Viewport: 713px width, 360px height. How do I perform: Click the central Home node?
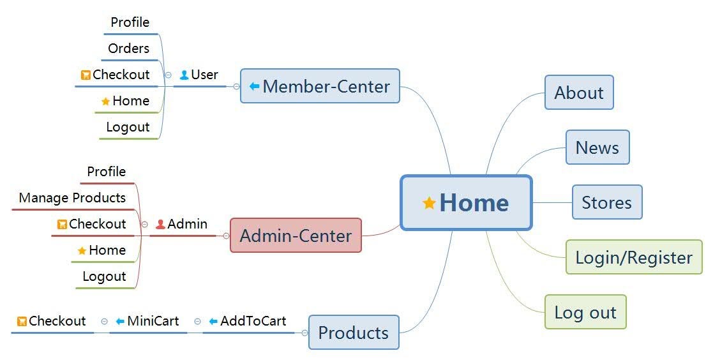pos(466,203)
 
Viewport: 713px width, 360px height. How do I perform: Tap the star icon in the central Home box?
pos(429,203)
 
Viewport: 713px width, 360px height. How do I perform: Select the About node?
pos(578,93)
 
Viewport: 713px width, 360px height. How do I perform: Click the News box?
pos(597,147)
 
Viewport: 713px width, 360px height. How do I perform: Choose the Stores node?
pos(606,202)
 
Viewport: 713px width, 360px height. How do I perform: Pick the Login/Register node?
pos(633,257)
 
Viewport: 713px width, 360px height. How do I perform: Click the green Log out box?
pos(585,312)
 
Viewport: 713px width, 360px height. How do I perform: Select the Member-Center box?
pos(320,86)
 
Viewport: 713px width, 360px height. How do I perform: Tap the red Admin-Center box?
pos(296,236)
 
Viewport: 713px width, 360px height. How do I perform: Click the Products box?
pos(353,332)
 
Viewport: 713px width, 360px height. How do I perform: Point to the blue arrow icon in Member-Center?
pos(254,86)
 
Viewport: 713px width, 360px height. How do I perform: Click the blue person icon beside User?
pos(184,75)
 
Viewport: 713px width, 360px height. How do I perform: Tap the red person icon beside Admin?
pos(160,224)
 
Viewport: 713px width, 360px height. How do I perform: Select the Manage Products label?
pos(72,198)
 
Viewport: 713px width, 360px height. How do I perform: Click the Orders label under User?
pos(128,49)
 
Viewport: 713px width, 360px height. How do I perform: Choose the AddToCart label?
pos(253,321)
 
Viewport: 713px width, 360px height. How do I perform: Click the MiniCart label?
pos(153,321)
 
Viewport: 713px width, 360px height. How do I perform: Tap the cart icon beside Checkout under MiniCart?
pos(22,321)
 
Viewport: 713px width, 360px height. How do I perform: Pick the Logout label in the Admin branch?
pos(104,276)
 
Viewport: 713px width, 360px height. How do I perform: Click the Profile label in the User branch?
pos(130,22)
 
